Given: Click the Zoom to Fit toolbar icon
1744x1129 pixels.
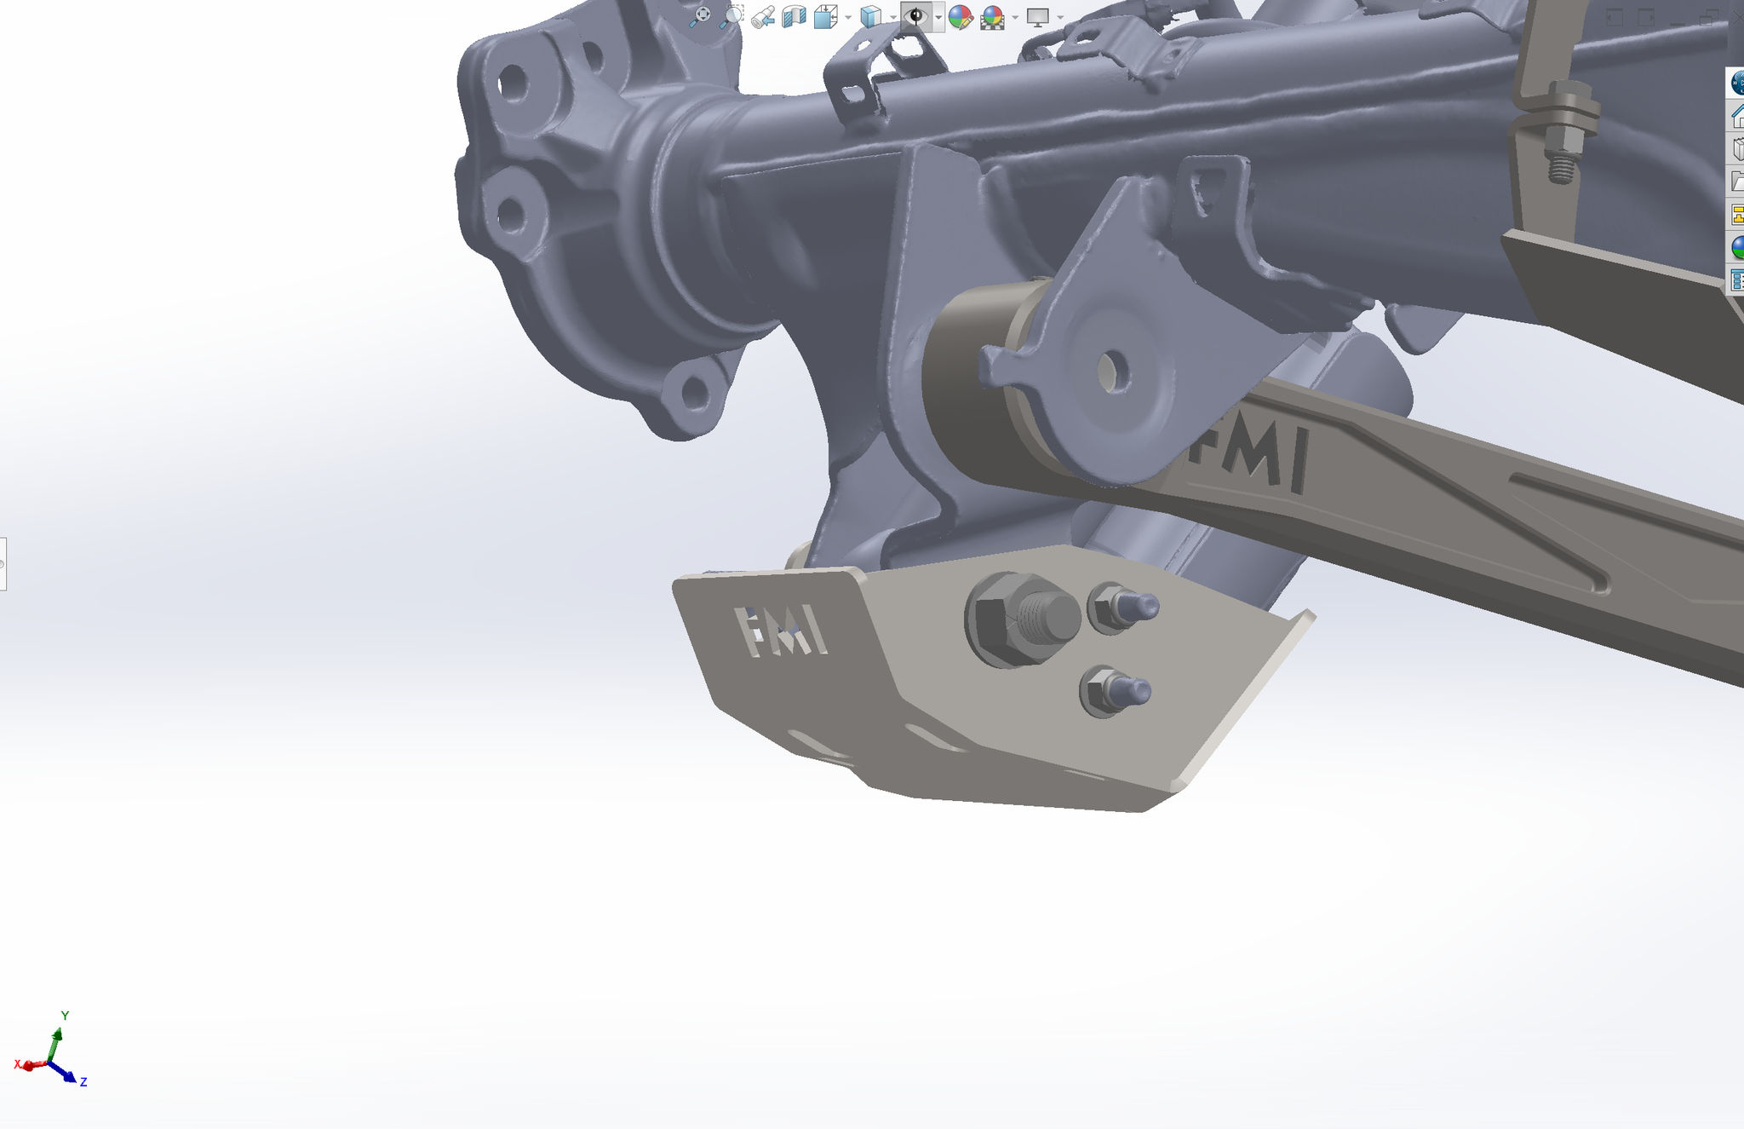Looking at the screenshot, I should click(701, 16).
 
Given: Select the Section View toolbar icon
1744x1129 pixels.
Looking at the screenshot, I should click(794, 16).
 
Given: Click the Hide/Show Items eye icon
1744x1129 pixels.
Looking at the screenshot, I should click(915, 16).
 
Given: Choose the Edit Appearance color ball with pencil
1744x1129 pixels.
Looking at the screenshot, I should click(961, 16).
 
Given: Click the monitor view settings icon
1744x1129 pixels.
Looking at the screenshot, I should click(1037, 16).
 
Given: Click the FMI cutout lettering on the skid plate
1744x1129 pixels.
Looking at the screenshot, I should click(780, 631).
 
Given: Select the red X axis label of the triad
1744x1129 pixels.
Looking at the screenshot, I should click(18, 1064).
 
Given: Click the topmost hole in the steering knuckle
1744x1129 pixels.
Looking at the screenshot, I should click(513, 84).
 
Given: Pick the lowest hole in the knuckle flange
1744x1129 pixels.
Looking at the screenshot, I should click(696, 393).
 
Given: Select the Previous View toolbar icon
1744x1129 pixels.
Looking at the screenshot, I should click(763, 16).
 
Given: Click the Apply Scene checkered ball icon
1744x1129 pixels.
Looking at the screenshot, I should click(992, 16).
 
